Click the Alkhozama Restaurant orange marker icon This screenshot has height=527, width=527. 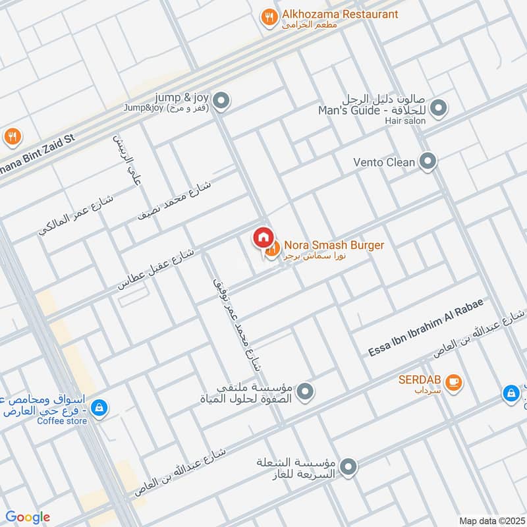(x=268, y=18)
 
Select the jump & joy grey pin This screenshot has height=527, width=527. (x=222, y=101)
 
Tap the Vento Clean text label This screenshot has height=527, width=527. (x=384, y=162)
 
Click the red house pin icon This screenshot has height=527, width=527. (x=262, y=237)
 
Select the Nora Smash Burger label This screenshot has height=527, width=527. (x=333, y=245)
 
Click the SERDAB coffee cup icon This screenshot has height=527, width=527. (x=453, y=381)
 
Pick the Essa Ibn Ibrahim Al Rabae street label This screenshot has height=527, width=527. (x=426, y=328)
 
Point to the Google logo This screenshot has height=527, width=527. (x=28, y=517)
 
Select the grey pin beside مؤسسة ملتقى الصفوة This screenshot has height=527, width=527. (x=304, y=393)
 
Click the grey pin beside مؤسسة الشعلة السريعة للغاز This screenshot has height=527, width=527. (x=348, y=468)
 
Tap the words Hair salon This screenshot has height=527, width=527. (x=406, y=121)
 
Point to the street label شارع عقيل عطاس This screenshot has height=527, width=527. (x=155, y=269)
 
